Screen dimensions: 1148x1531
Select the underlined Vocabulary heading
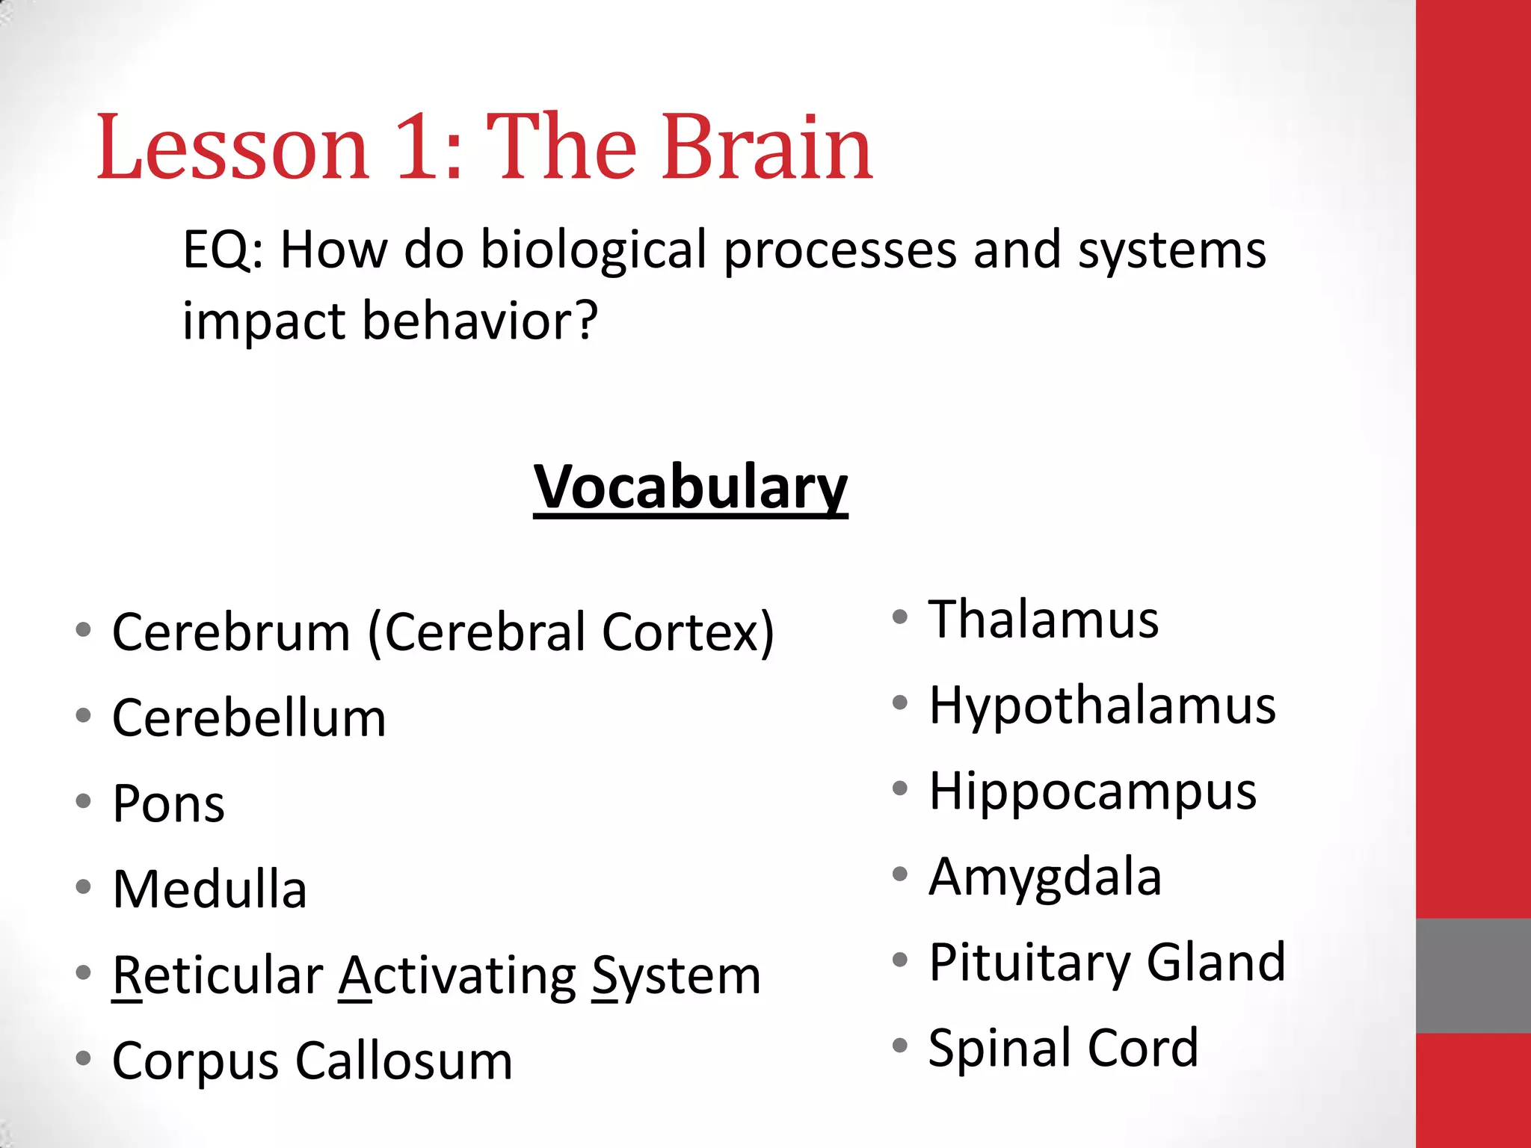pos(690,487)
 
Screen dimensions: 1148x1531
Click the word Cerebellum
pos(249,718)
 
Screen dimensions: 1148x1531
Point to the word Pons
pos(168,804)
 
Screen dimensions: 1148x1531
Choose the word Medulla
pos(209,889)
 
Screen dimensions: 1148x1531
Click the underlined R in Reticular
pos(126,975)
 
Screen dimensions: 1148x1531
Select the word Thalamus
pos(1043,620)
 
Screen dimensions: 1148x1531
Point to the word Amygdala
pos(1044,877)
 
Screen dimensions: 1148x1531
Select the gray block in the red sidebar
pos(1473,975)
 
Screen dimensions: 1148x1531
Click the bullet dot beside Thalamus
pos(900,617)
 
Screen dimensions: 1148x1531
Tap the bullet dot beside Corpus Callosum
pos(83,1058)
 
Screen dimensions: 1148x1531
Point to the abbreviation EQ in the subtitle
pos(217,250)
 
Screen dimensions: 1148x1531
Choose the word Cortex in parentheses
pos(680,632)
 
